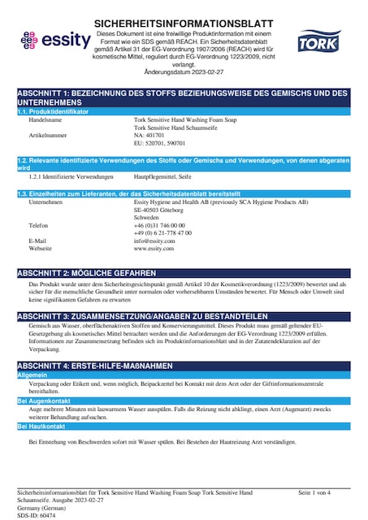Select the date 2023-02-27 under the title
[207, 72]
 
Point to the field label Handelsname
[45, 119]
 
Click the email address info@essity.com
[154, 241]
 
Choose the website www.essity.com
[154, 249]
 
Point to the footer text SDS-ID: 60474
[36, 515]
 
